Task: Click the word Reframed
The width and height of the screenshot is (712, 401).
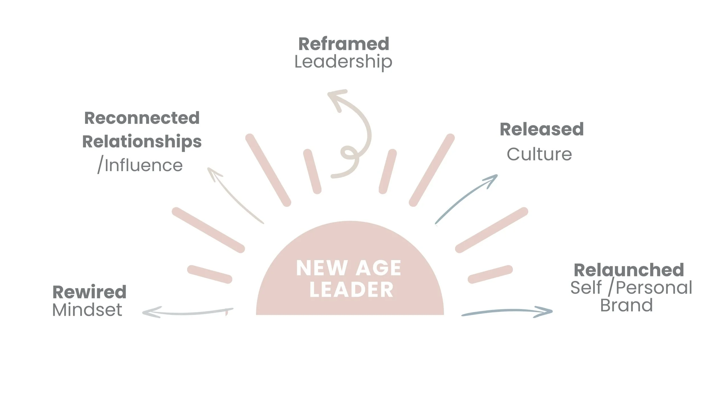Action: coord(344,44)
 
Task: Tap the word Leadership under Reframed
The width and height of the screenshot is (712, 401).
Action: coord(343,62)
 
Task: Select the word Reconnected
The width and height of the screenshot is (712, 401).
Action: coord(142,118)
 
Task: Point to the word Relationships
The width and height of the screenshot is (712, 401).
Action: coord(142,142)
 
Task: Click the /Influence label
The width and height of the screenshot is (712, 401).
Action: coord(140,165)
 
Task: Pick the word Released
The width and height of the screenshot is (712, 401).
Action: coord(542,129)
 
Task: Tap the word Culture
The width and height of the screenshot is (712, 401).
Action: coord(539,154)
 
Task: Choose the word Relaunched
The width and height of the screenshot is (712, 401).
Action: coord(629,270)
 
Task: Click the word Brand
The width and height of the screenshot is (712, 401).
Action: coord(626,305)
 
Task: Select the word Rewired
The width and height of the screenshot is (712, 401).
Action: coord(89,292)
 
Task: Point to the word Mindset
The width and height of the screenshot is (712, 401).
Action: coord(87,310)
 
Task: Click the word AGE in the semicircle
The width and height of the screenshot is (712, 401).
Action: coord(378,268)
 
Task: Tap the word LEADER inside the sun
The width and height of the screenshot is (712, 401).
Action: coord(351,290)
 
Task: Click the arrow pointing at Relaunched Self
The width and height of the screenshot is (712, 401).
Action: coord(507,311)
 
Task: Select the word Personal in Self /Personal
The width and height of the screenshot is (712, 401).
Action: coord(654,287)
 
